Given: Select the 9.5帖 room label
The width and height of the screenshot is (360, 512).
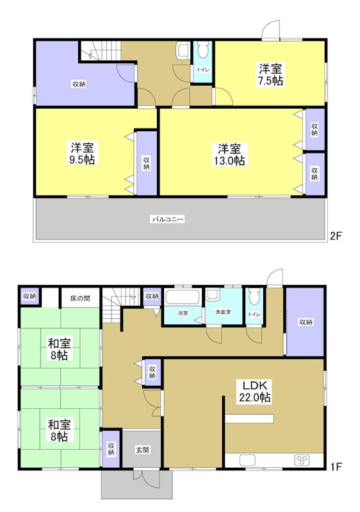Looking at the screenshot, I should point(83,154).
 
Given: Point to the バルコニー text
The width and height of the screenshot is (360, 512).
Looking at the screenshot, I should point(168,220).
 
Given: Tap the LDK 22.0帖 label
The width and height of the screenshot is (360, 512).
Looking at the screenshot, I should point(256,391).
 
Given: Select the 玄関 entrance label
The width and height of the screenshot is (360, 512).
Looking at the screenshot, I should point(142,450).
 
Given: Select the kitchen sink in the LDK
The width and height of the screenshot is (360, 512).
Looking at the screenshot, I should point(247,460).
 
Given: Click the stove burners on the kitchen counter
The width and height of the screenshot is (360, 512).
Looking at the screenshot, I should point(302,460).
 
